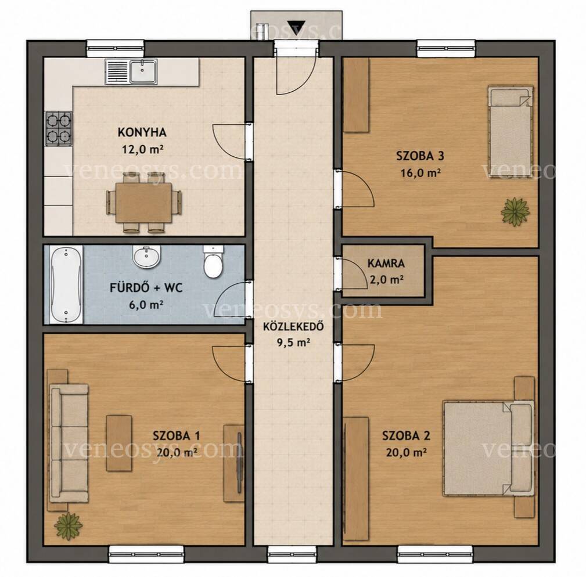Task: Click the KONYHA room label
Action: pos(142,132)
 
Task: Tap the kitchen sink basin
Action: pos(143,71)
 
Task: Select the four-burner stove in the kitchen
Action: pos(59,128)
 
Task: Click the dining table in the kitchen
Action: pos(143,203)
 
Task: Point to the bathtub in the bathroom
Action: pos(66,284)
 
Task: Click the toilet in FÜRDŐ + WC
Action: pos(213,261)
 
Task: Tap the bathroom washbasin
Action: pos(146,256)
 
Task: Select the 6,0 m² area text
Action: pos(146,305)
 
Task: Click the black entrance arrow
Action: pos(296,28)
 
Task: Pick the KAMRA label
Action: pos(386,264)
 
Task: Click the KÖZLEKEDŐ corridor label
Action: pos(293,326)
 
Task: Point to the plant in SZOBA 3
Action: pos(515,212)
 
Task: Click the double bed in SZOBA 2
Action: pos(488,448)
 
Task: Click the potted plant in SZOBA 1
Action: pos(68,526)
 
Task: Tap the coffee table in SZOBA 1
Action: pos(119,443)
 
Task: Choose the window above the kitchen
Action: pos(116,49)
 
